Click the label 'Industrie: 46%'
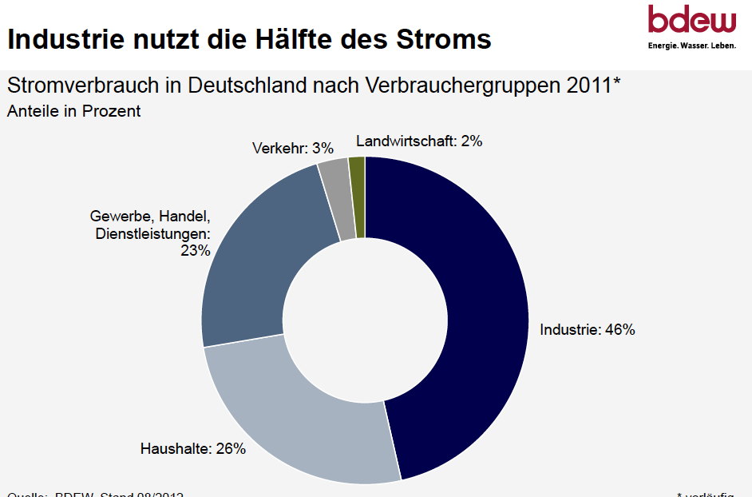click(x=587, y=329)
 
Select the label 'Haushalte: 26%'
click(x=193, y=448)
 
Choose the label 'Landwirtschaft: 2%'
click(x=419, y=141)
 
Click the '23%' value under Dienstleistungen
click(x=195, y=251)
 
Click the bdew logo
click(x=691, y=21)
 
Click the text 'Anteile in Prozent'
click(x=73, y=111)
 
